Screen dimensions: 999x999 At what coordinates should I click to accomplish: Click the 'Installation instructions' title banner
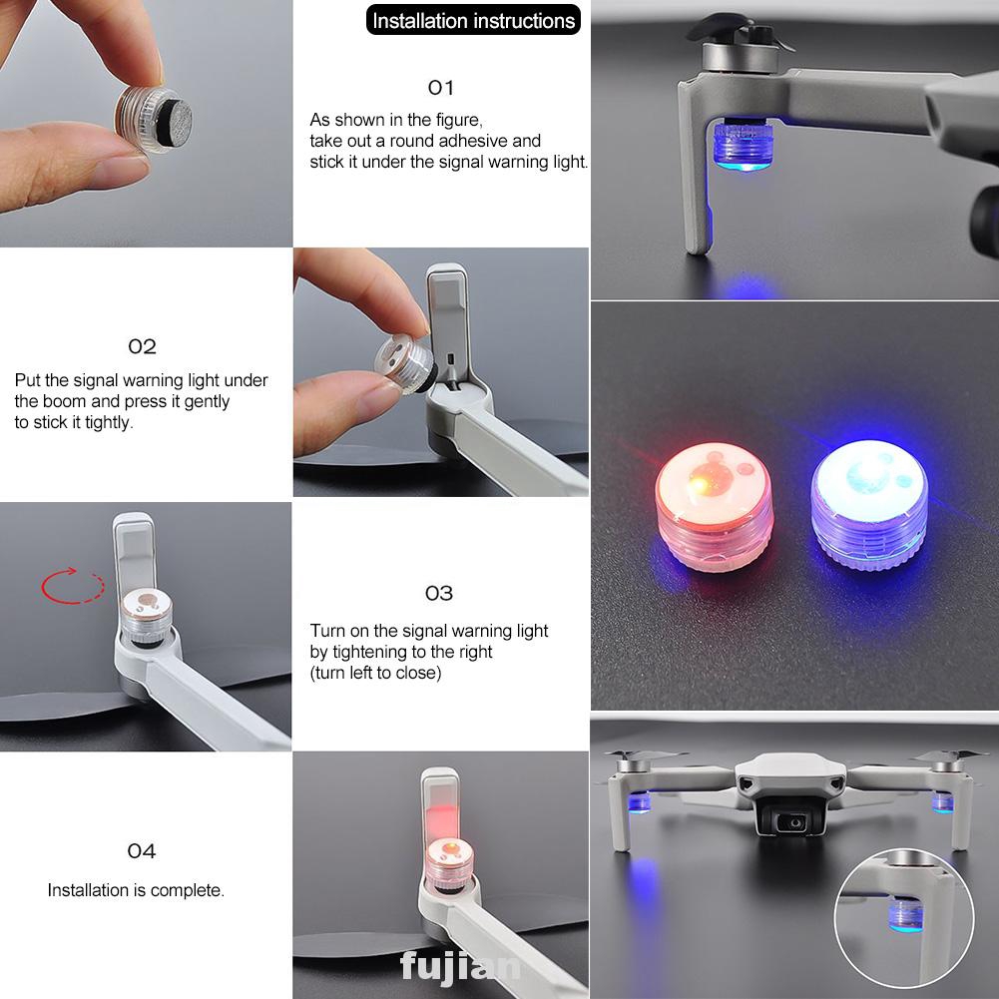coord(473,20)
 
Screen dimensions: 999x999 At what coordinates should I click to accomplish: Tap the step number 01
coord(440,87)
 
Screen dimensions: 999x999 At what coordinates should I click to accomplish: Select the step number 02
coord(142,346)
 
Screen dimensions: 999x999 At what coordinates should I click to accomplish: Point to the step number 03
coord(439,593)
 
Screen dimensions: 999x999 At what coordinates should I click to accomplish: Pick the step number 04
coord(142,851)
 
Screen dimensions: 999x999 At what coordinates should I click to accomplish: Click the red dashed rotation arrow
coord(72,586)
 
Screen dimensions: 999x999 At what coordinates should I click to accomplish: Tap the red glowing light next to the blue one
coord(714,506)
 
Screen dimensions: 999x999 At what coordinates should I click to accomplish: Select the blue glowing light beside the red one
coord(868,503)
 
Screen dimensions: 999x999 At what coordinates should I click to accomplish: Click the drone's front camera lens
coord(793,823)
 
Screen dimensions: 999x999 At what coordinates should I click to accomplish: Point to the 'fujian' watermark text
coord(459,966)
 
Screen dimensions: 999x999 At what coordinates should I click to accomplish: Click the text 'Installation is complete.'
coord(136,890)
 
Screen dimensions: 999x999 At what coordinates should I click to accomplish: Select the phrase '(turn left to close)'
coord(375,673)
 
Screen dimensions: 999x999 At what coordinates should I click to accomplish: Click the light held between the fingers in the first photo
coord(154,119)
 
